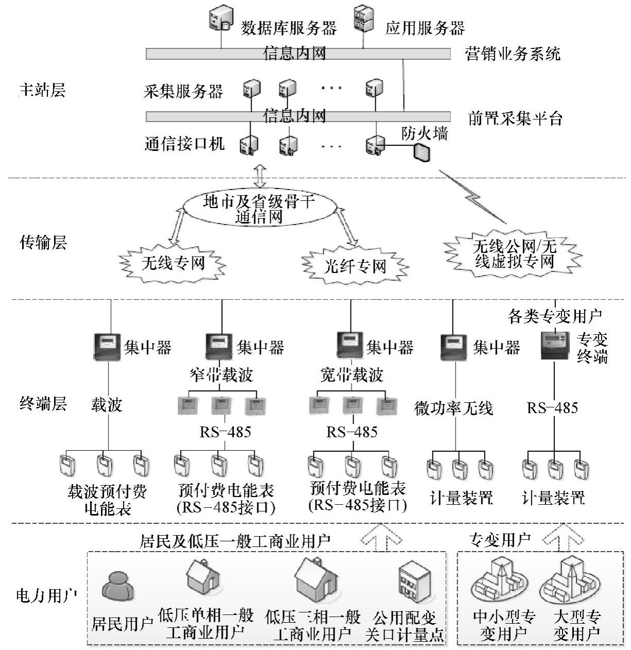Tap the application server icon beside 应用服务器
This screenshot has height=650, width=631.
pyautogui.click(x=363, y=19)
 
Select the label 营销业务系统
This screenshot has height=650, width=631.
pyautogui.click(x=512, y=54)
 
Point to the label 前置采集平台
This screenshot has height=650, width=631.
pyautogui.click(x=515, y=118)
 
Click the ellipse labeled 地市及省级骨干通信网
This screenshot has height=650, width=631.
pyautogui.click(x=259, y=209)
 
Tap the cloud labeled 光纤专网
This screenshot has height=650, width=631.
pyautogui.click(x=355, y=266)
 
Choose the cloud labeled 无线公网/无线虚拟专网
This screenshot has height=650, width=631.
pyautogui.click(x=514, y=253)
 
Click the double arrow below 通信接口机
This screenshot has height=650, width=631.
pyautogui.click(x=260, y=175)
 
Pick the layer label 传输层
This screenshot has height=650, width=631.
pyautogui.click(x=43, y=242)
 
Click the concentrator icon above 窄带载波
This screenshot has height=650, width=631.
pyautogui.click(x=220, y=346)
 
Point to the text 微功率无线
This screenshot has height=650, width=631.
pyautogui.click(x=453, y=408)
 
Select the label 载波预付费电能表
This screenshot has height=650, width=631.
pyautogui.click(x=107, y=500)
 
